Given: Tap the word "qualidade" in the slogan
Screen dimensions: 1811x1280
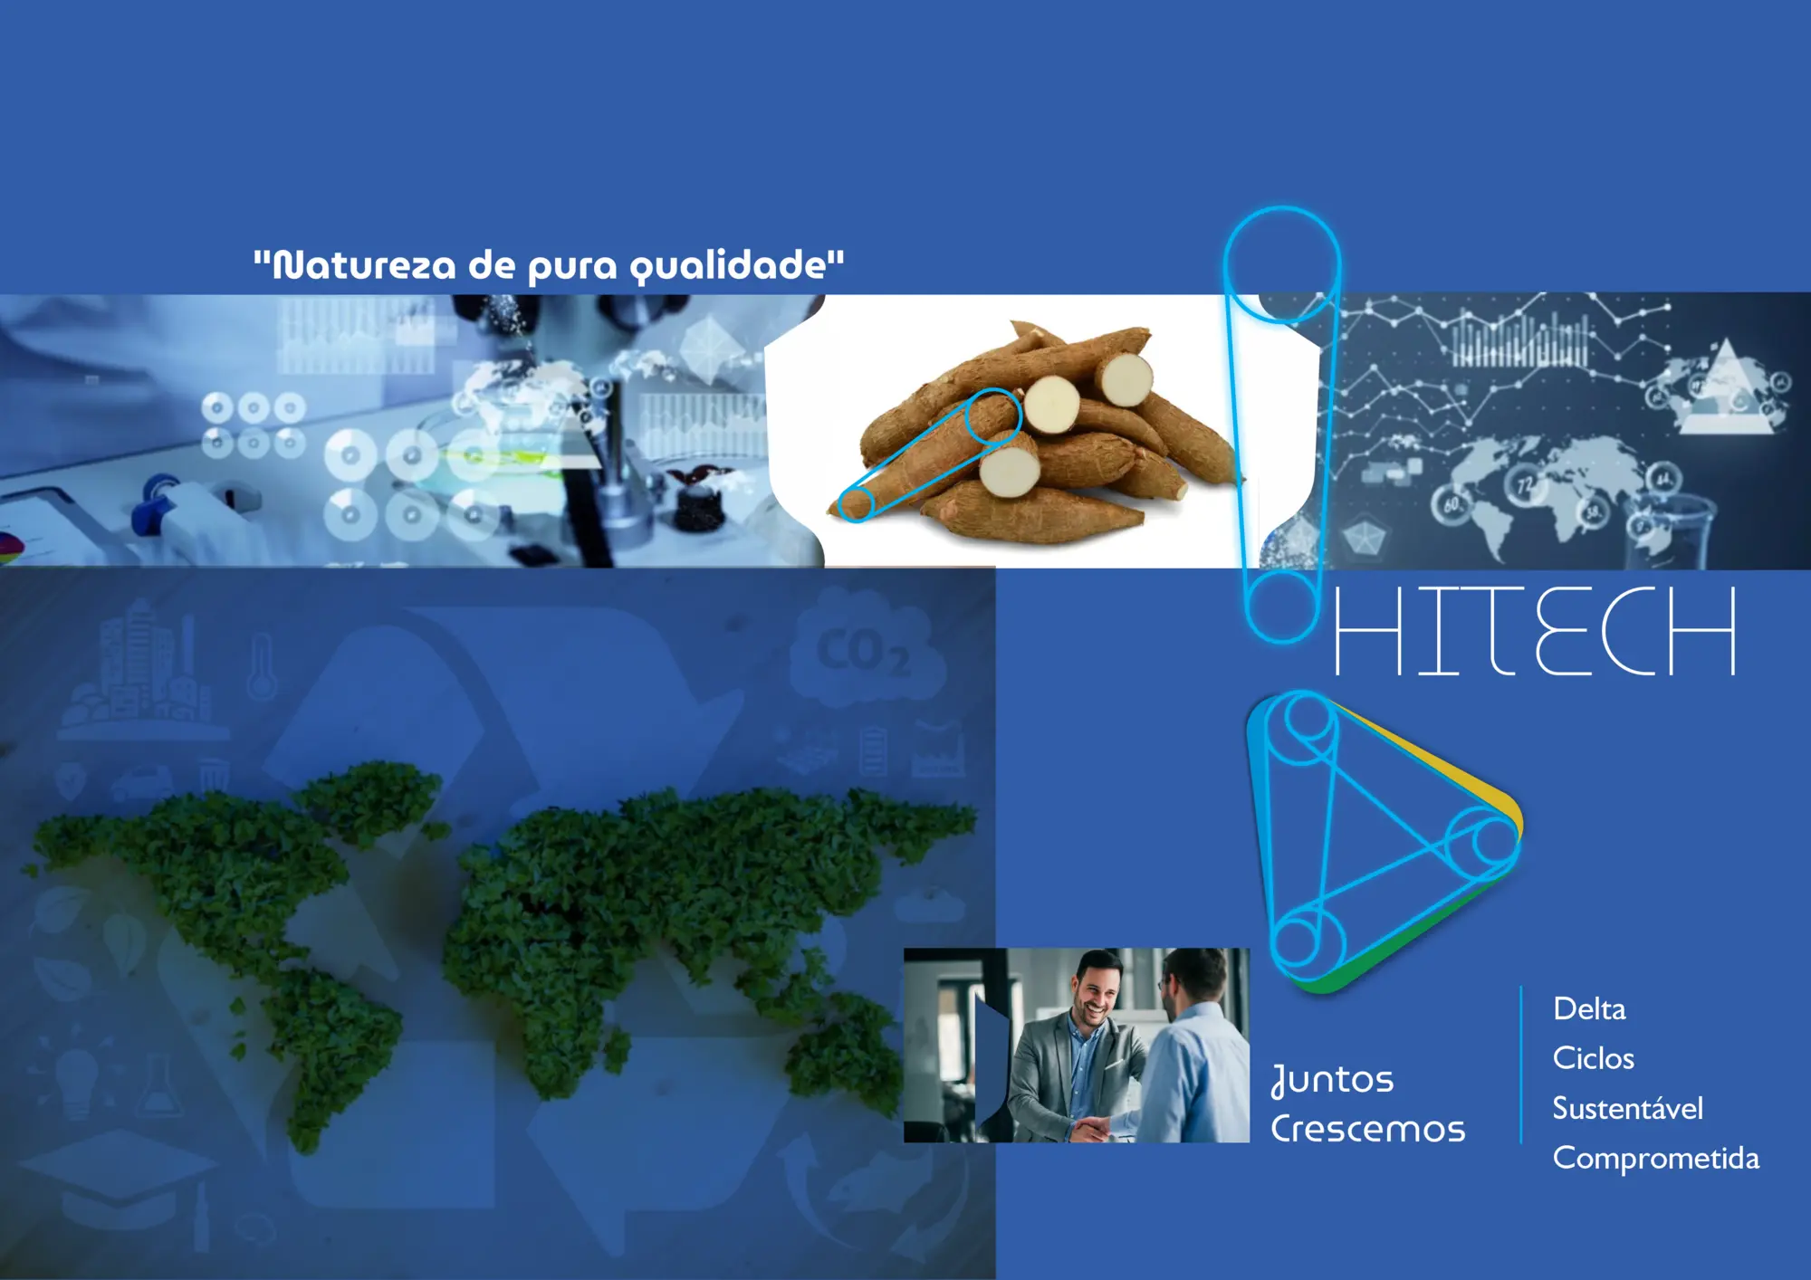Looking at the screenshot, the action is pyautogui.click(x=728, y=266).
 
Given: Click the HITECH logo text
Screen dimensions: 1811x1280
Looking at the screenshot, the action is pyautogui.click(x=1536, y=630).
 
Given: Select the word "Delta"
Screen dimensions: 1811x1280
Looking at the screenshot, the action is pyautogui.click(x=1589, y=1008).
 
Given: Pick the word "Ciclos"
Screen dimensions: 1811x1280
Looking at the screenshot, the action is pyautogui.click(x=1594, y=1058).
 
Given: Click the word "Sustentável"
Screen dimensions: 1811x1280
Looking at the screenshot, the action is pyautogui.click(x=1628, y=1108).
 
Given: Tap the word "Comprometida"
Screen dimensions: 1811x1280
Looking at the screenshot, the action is pyautogui.click(x=1656, y=1159).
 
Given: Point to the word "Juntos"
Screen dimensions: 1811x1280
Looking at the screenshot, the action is pyautogui.click(x=1332, y=1080).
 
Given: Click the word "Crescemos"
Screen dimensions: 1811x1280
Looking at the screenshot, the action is pyautogui.click(x=1367, y=1129).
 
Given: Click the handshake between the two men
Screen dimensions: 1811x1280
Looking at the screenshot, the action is pyautogui.click(x=1094, y=1127).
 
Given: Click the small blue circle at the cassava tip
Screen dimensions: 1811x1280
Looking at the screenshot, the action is pyautogui.click(x=855, y=504).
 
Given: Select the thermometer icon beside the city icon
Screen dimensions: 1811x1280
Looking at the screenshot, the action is pyautogui.click(x=262, y=665).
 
